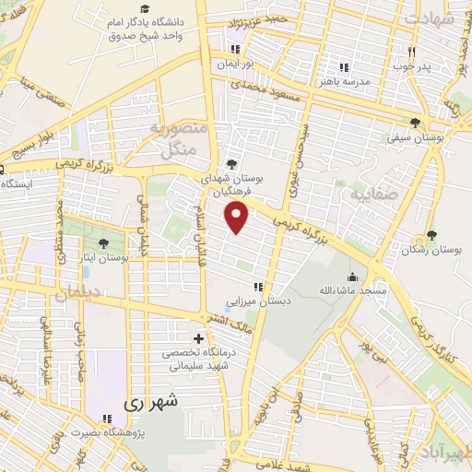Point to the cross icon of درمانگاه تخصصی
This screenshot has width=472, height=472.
[198, 338]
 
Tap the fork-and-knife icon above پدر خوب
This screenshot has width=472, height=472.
[412, 52]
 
